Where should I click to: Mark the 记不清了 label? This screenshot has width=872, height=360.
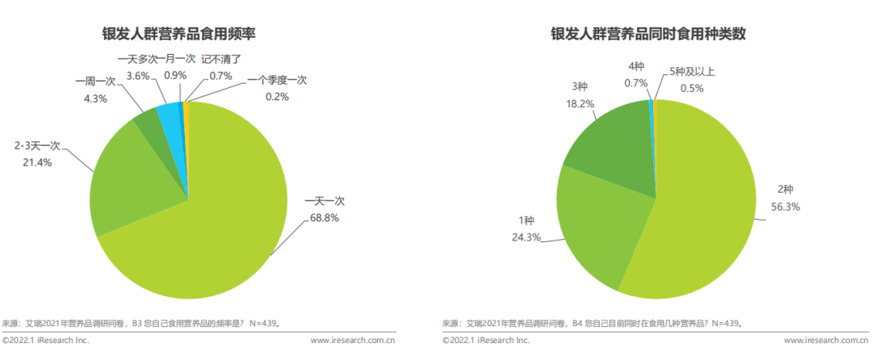click(x=221, y=59)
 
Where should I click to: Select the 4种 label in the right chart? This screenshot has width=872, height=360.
click(x=636, y=66)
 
